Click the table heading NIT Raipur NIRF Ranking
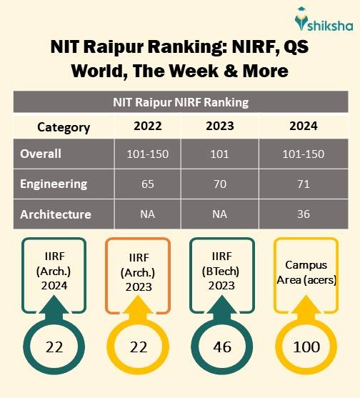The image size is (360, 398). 180,101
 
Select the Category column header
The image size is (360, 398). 64,127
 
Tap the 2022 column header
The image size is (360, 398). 147,127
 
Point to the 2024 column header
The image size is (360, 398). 304,127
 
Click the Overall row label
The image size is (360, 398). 41,154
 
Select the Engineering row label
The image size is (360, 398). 54,184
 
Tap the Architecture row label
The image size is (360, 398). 56,214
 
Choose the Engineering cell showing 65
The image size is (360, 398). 147,184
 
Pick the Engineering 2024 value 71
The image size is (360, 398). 304,184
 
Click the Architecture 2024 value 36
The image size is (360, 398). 304,214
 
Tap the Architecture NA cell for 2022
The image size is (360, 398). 147,214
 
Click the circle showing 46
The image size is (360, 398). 221,348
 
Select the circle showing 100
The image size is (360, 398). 306,348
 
